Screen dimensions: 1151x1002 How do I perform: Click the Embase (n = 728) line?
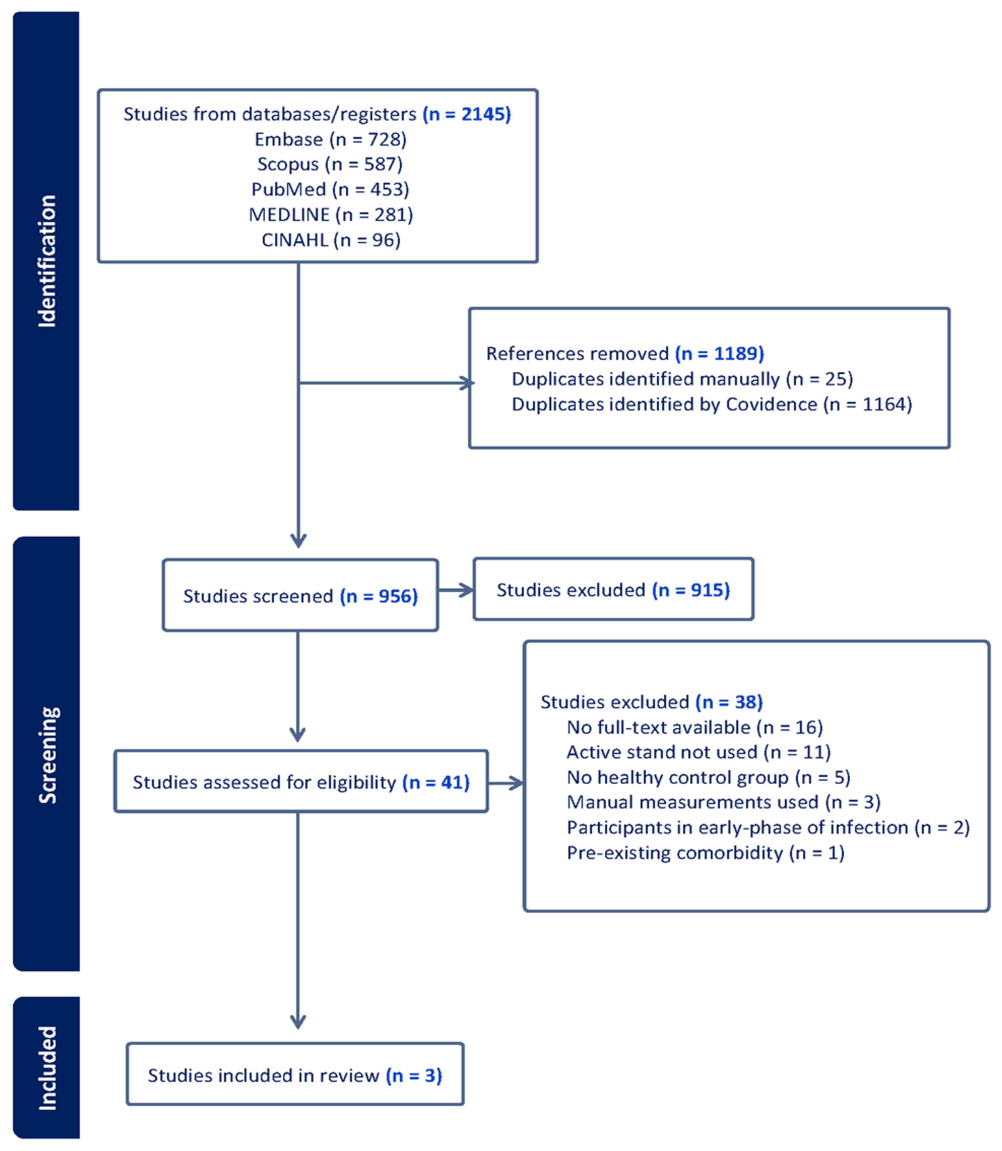330,139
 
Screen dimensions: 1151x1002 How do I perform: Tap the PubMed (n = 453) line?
330,190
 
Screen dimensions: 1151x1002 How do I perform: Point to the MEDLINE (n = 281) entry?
330,215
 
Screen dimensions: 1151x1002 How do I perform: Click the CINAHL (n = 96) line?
331,240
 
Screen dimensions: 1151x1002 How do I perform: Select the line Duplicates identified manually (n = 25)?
682,379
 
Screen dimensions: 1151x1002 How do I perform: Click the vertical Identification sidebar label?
47,261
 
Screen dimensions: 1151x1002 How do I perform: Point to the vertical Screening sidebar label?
47,755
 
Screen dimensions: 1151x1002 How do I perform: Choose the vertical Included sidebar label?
47,1068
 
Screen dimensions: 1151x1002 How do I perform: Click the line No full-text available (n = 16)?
694,727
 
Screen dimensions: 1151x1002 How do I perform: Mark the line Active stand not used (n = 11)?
698,752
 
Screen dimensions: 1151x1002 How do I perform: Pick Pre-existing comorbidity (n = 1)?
705,853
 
